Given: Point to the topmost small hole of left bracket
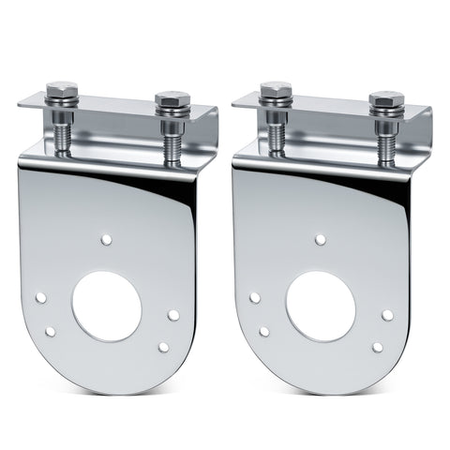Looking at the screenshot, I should pos(107,240).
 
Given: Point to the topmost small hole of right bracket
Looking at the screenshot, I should pos(320,240).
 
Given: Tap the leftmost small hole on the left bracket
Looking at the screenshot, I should pos(41,297).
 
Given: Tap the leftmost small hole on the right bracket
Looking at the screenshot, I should pos(254,297).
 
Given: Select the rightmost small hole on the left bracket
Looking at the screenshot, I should pos(173,315).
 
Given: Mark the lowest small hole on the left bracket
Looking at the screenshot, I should pos(164,347).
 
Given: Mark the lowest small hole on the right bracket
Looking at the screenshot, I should pos(377,347).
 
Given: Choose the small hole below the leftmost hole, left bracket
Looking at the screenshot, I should pos(52,331).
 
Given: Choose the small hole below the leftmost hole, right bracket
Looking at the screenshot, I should pos(264,331).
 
